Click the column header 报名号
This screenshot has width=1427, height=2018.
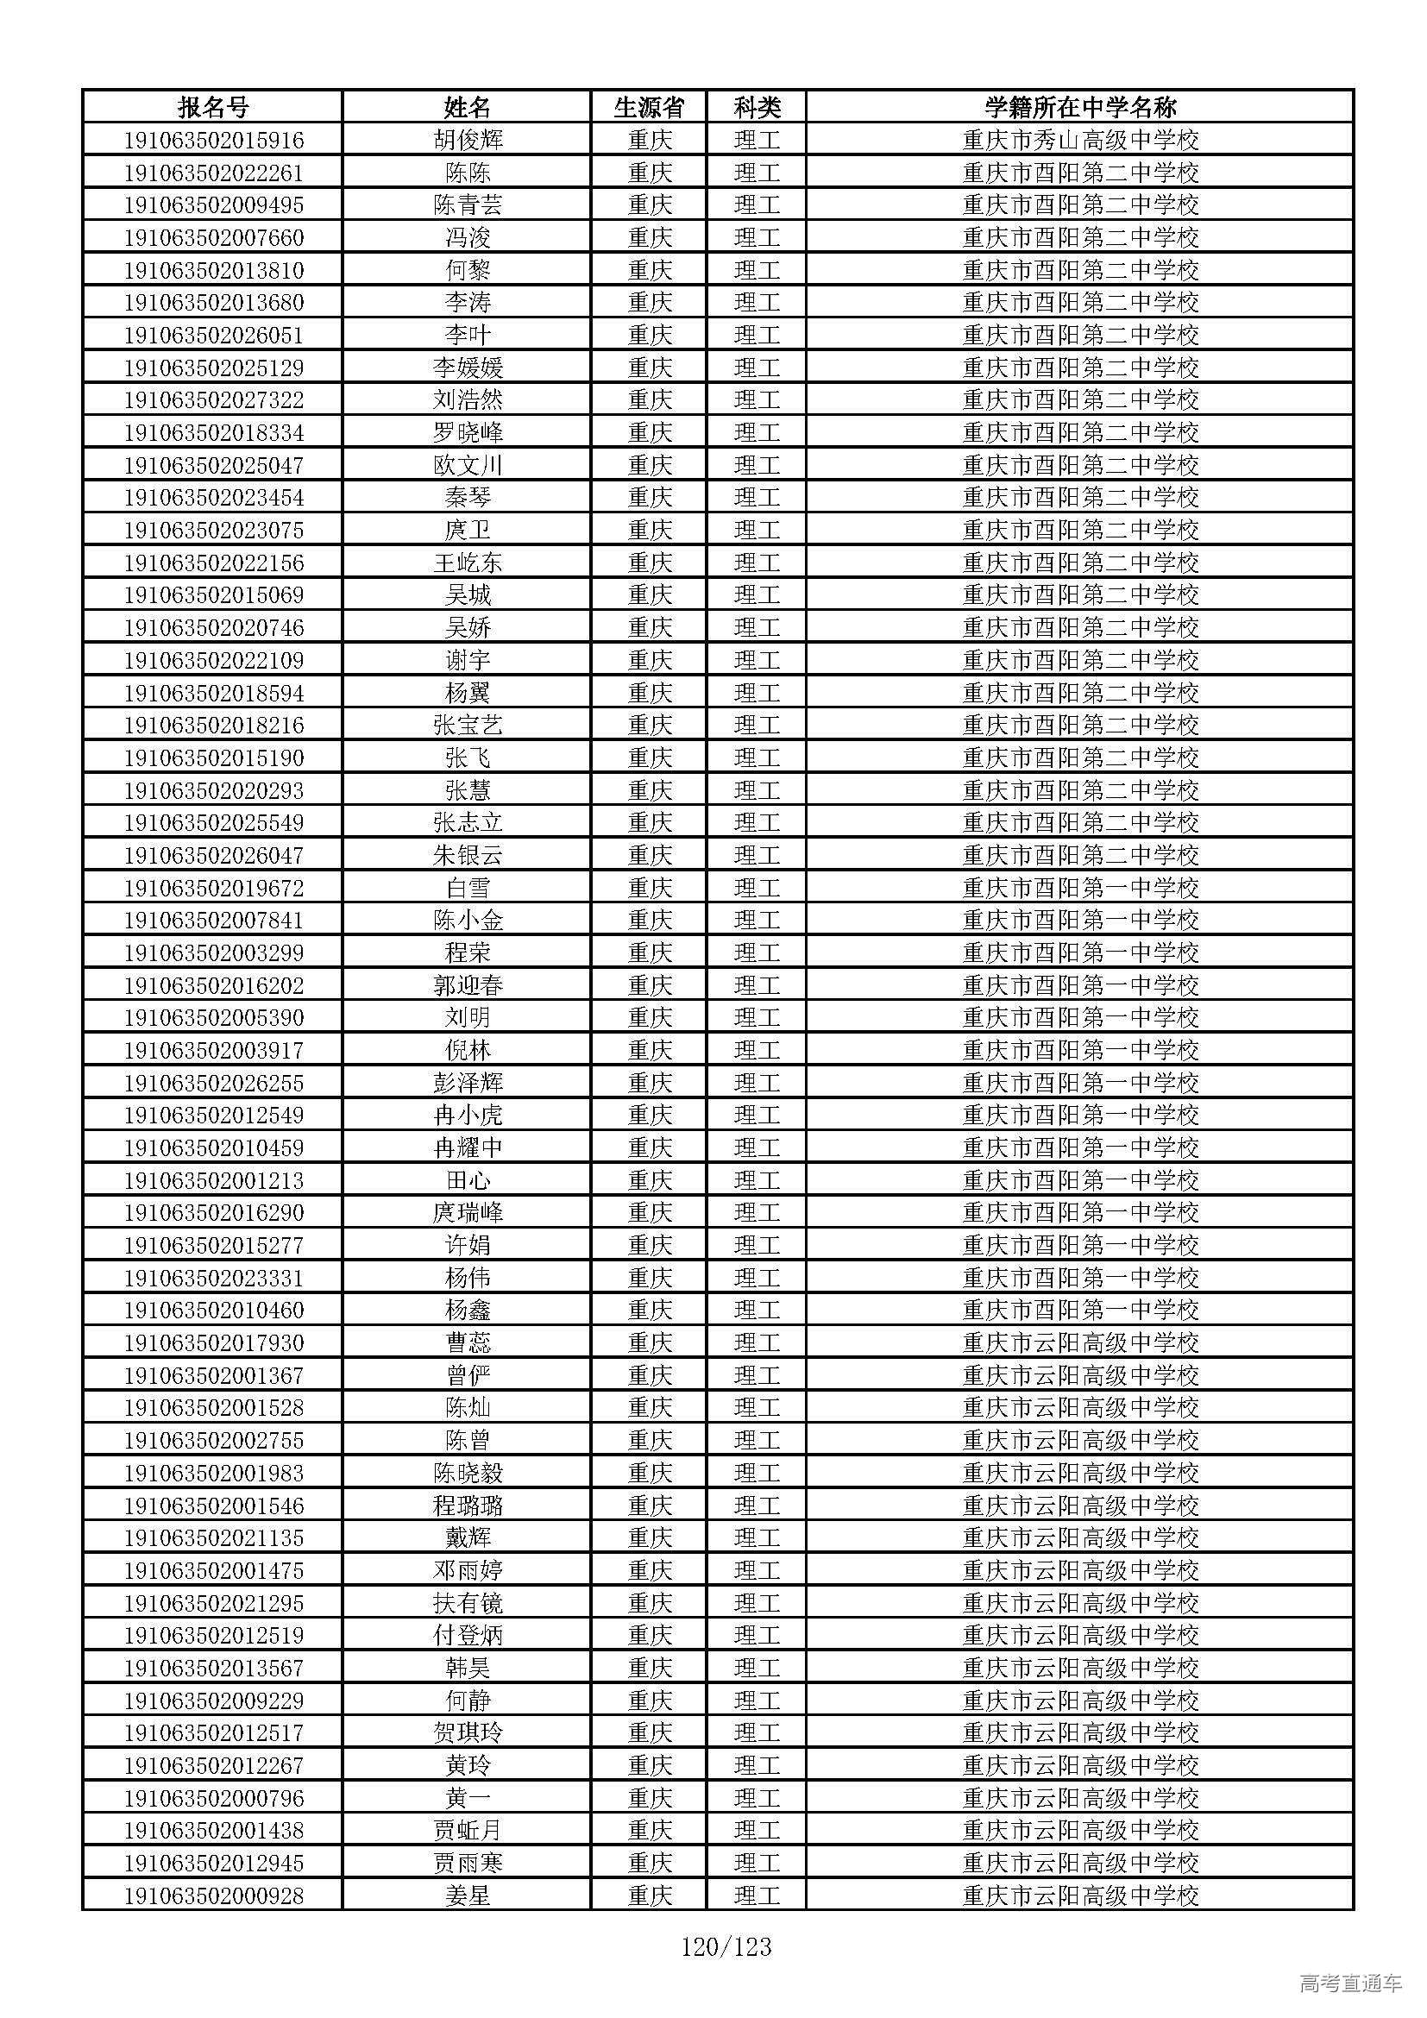213,108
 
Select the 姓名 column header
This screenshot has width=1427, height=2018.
468,108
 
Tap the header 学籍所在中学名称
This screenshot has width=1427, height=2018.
1080,108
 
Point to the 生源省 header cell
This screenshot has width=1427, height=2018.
650,108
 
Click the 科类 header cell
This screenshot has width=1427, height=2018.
757,108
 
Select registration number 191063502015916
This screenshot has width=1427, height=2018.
213,141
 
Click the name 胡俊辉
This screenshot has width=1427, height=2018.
468,141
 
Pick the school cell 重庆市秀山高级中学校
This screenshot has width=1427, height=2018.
1080,141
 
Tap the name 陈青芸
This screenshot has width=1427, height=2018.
468,205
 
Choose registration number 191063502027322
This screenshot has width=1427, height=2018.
213,401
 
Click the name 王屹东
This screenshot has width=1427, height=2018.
468,563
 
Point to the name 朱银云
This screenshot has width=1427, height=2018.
468,855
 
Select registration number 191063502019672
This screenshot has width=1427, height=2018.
213,888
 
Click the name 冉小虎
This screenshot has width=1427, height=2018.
468,1116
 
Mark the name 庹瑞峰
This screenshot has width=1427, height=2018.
468,1213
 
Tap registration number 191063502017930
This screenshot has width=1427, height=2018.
213,1343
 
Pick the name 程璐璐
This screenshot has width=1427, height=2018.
468,1506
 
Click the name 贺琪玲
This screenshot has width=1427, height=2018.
468,1733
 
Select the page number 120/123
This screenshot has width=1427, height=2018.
726,1946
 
